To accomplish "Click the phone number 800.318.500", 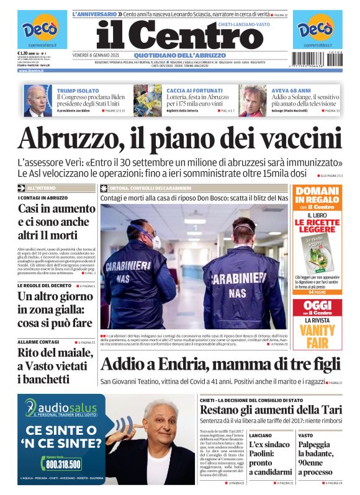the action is click(62, 463).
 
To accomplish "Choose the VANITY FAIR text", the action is click(317, 336).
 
